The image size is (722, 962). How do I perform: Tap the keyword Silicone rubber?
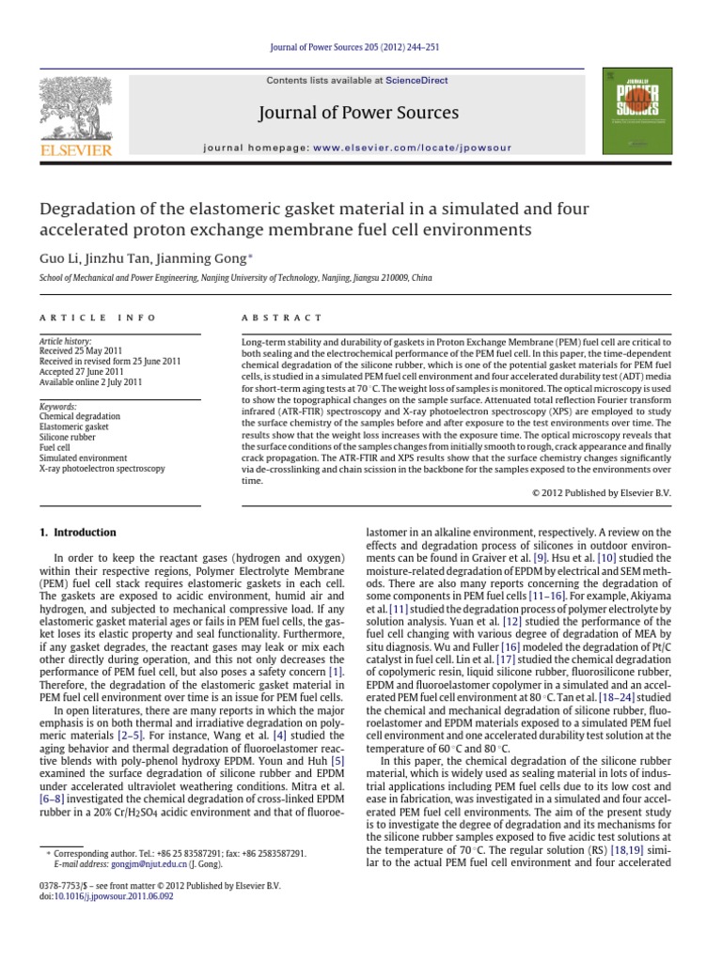(x=68, y=437)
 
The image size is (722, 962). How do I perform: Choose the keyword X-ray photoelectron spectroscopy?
(x=102, y=468)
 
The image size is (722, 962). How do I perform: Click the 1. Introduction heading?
(x=77, y=532)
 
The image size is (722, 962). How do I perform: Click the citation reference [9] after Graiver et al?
(x=540, y=558)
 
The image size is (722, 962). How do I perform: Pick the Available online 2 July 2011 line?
(x=90, y=383)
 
